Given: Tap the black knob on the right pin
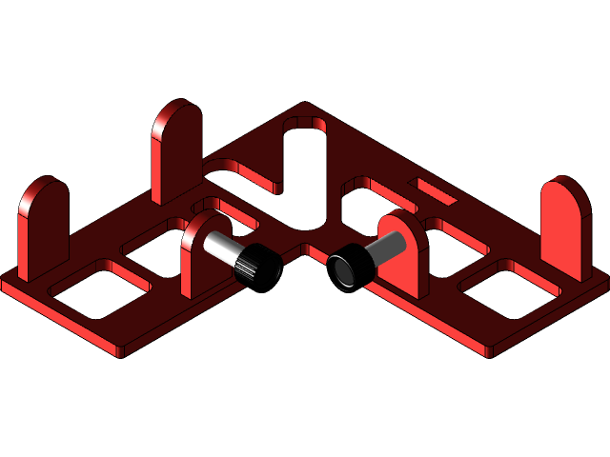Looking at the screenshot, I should tap(347, 267).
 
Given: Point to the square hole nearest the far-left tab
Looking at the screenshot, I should tap(99, 288).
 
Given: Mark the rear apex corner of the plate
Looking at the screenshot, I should tap(304, 105).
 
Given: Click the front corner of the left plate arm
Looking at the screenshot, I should tap(118, 354).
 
